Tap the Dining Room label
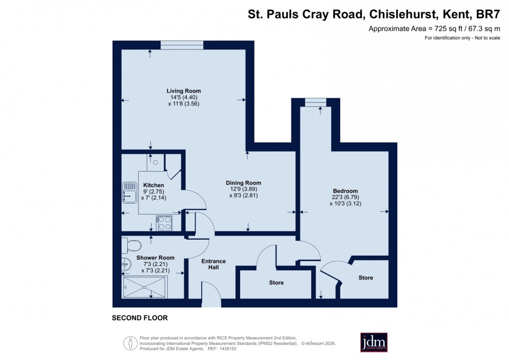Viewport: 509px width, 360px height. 244,183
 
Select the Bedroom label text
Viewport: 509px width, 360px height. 345,191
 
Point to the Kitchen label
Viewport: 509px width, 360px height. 154,185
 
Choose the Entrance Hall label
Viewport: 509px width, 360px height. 214,264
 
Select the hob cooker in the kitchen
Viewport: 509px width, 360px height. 164,223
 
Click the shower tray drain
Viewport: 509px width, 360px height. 144,287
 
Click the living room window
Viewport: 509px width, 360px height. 182,45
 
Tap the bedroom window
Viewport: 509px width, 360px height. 315,102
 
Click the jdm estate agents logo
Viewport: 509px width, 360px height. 374,342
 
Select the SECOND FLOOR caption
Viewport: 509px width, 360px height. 140,318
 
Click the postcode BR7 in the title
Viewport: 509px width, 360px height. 490,14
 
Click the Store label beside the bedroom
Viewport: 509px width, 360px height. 365,278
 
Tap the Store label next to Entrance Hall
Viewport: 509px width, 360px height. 276,283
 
